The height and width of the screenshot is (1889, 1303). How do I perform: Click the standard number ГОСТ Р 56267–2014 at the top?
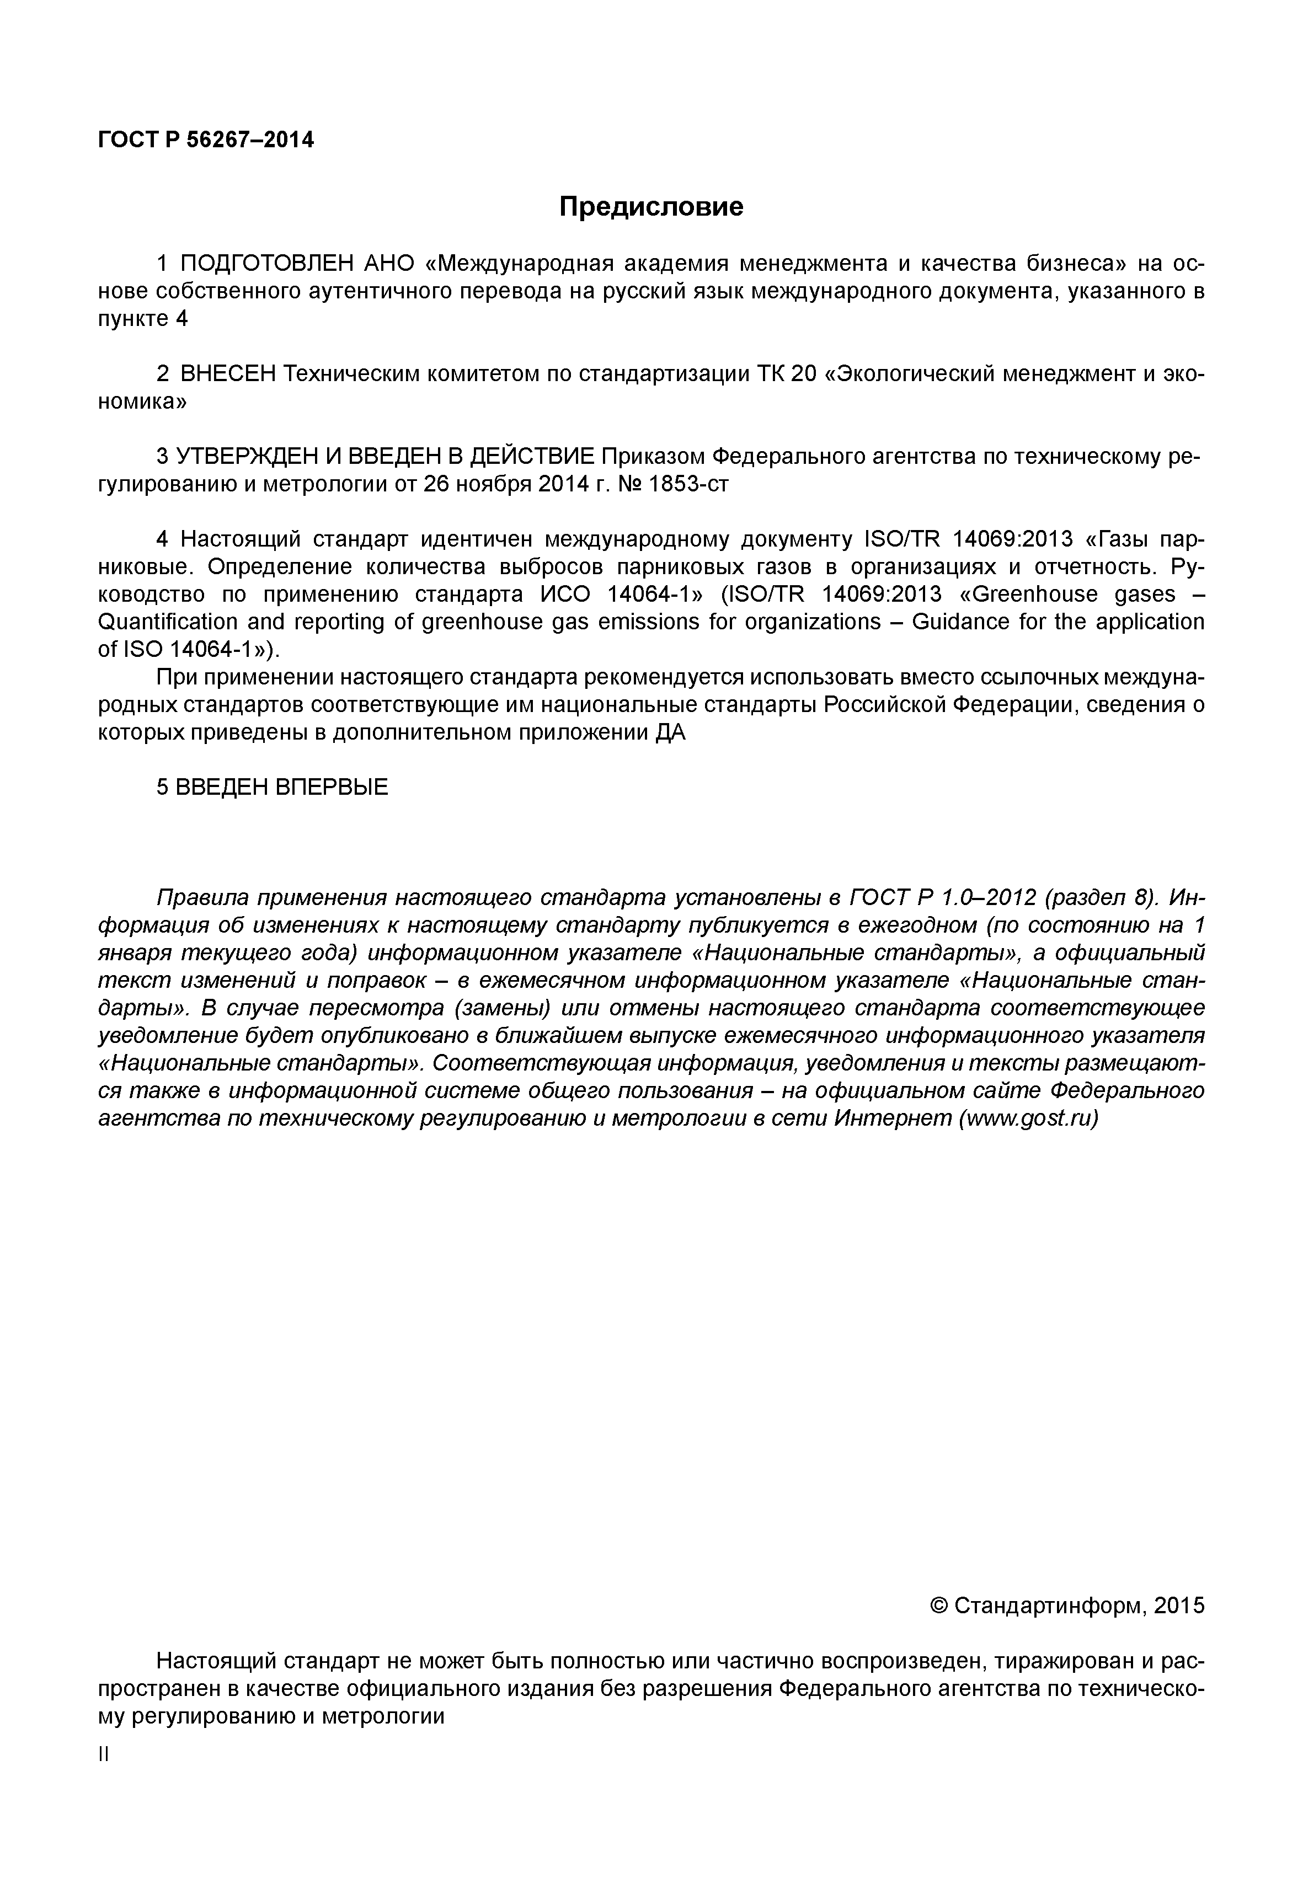click(x=206, y=141)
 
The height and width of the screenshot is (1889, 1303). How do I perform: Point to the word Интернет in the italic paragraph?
click(x=893, y=1119)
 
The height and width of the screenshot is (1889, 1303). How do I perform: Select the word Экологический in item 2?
click(x=913, y=374)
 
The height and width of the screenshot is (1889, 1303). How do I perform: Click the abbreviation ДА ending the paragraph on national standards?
click(x=670, y=733)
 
